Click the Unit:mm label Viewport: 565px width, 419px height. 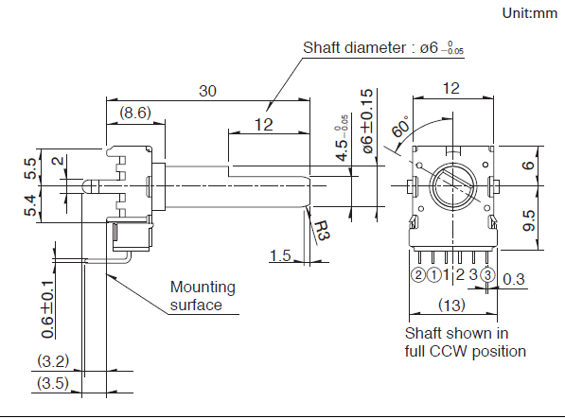pos(530,13)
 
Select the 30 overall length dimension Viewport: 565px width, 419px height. pos(207,91)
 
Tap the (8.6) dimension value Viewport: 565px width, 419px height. pos(135,113)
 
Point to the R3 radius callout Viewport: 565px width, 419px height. pos(322,231)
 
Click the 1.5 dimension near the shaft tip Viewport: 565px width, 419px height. pos(280,255)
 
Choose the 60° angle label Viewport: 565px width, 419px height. pos(400,127)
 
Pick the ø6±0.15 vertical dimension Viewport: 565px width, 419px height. pos(367,121)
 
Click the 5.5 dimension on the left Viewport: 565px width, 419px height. pos(30,168)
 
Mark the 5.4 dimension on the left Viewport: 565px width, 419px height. pos(30,205)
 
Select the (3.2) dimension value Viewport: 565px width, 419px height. pos(53,360)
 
